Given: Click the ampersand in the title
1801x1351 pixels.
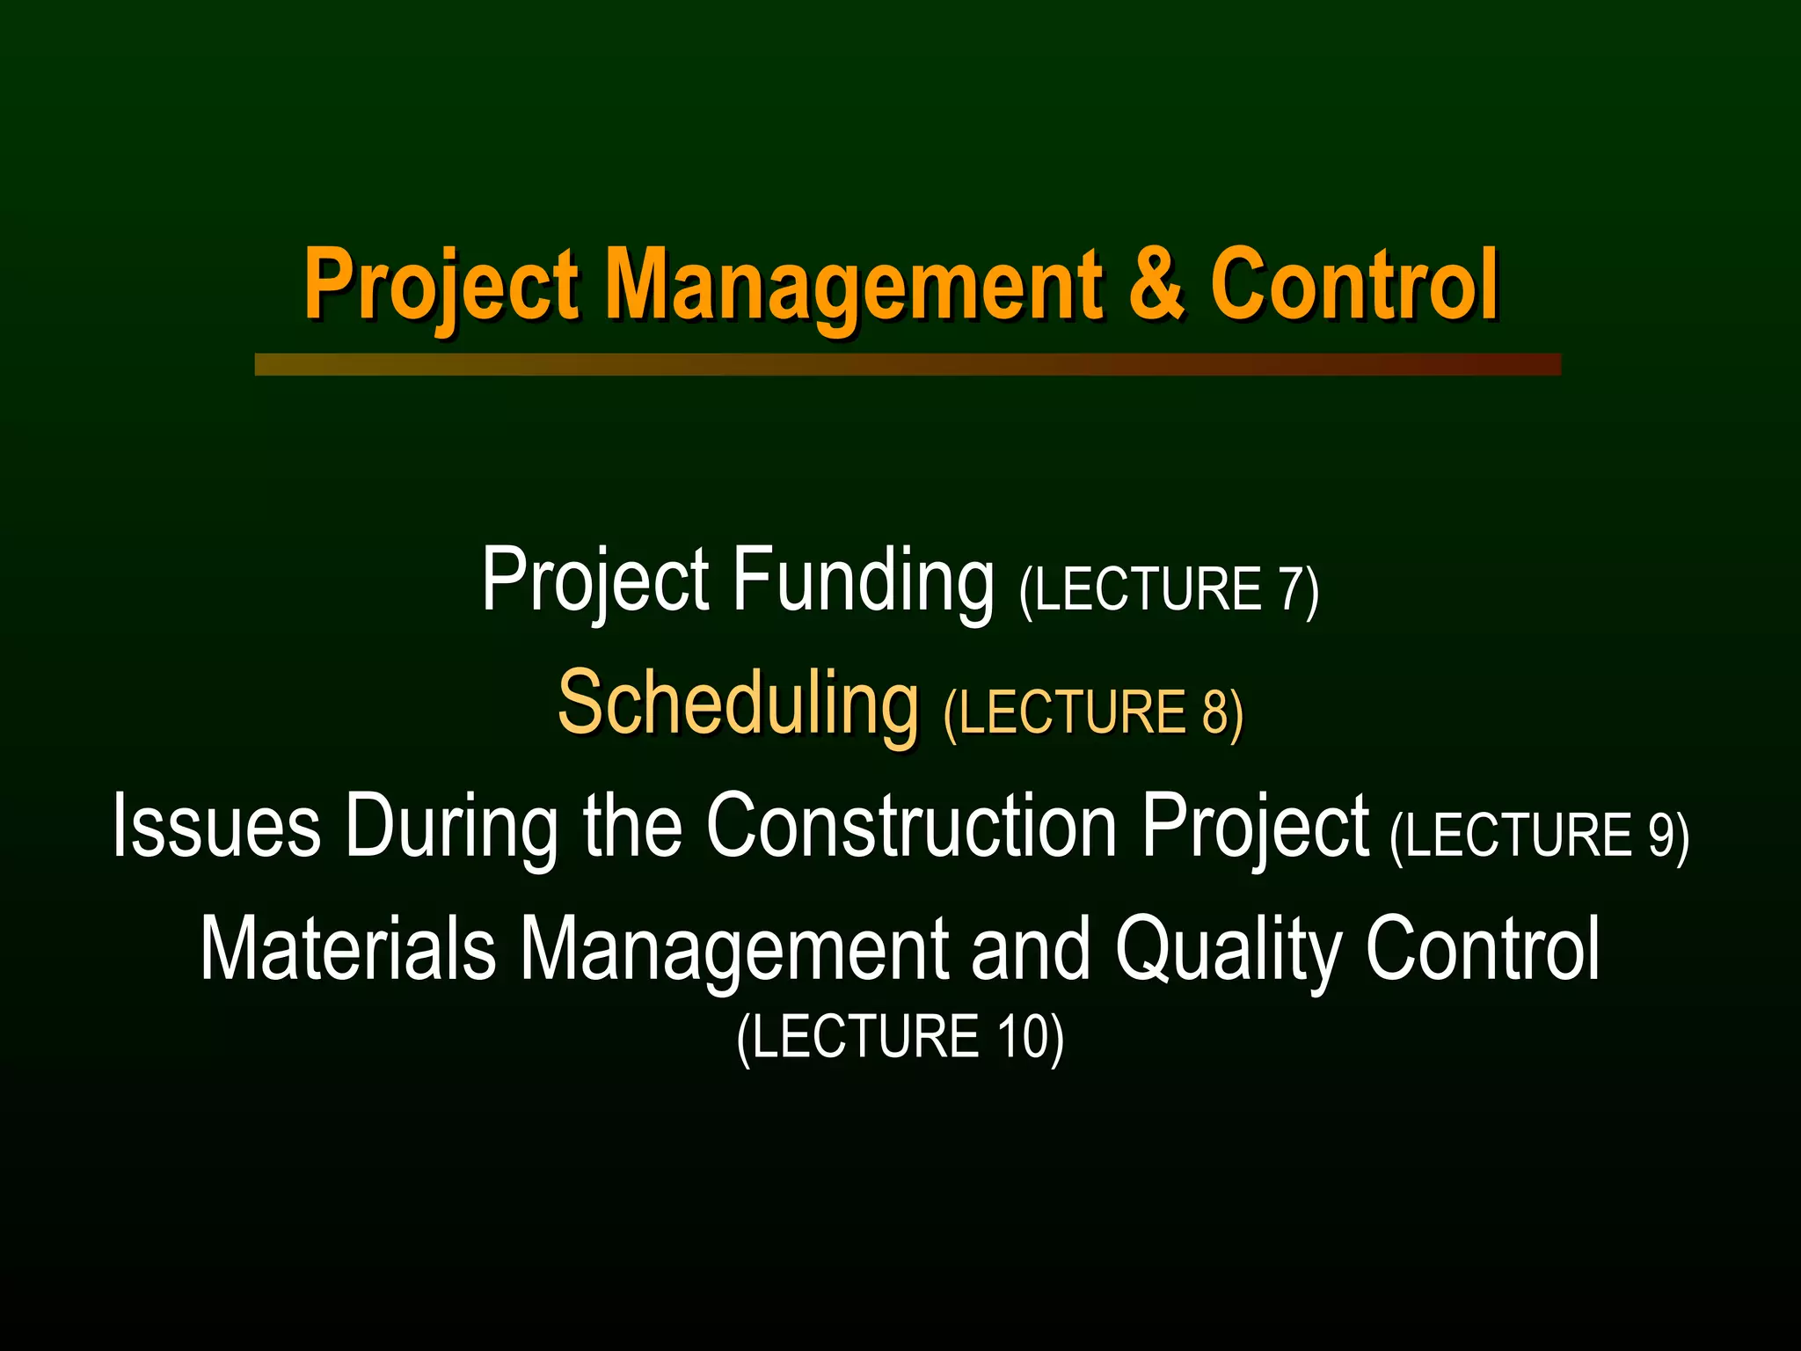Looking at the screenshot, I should [x=1156, y=283].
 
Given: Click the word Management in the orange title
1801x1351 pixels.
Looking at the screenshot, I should [x=853, y=286].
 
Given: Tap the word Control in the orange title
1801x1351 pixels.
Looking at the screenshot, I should [x=1354, y=283].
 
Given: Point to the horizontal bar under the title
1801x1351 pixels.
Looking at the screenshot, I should [x=908, y=364].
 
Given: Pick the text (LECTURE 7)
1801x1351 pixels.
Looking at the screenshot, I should [x=1169, y=590].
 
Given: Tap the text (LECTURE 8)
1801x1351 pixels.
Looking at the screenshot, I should [x=1093, y=712].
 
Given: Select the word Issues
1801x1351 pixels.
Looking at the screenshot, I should [x=216, y=825].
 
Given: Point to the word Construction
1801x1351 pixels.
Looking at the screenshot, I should [x=911, y=825].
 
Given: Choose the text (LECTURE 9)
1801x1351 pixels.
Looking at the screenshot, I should [x=1539, y=836].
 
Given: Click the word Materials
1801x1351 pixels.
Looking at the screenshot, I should [x=348, y=948].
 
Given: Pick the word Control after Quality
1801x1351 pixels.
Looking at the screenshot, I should [x=1483, y=948].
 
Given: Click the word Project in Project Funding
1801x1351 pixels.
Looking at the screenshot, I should [x=595, y=581].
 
